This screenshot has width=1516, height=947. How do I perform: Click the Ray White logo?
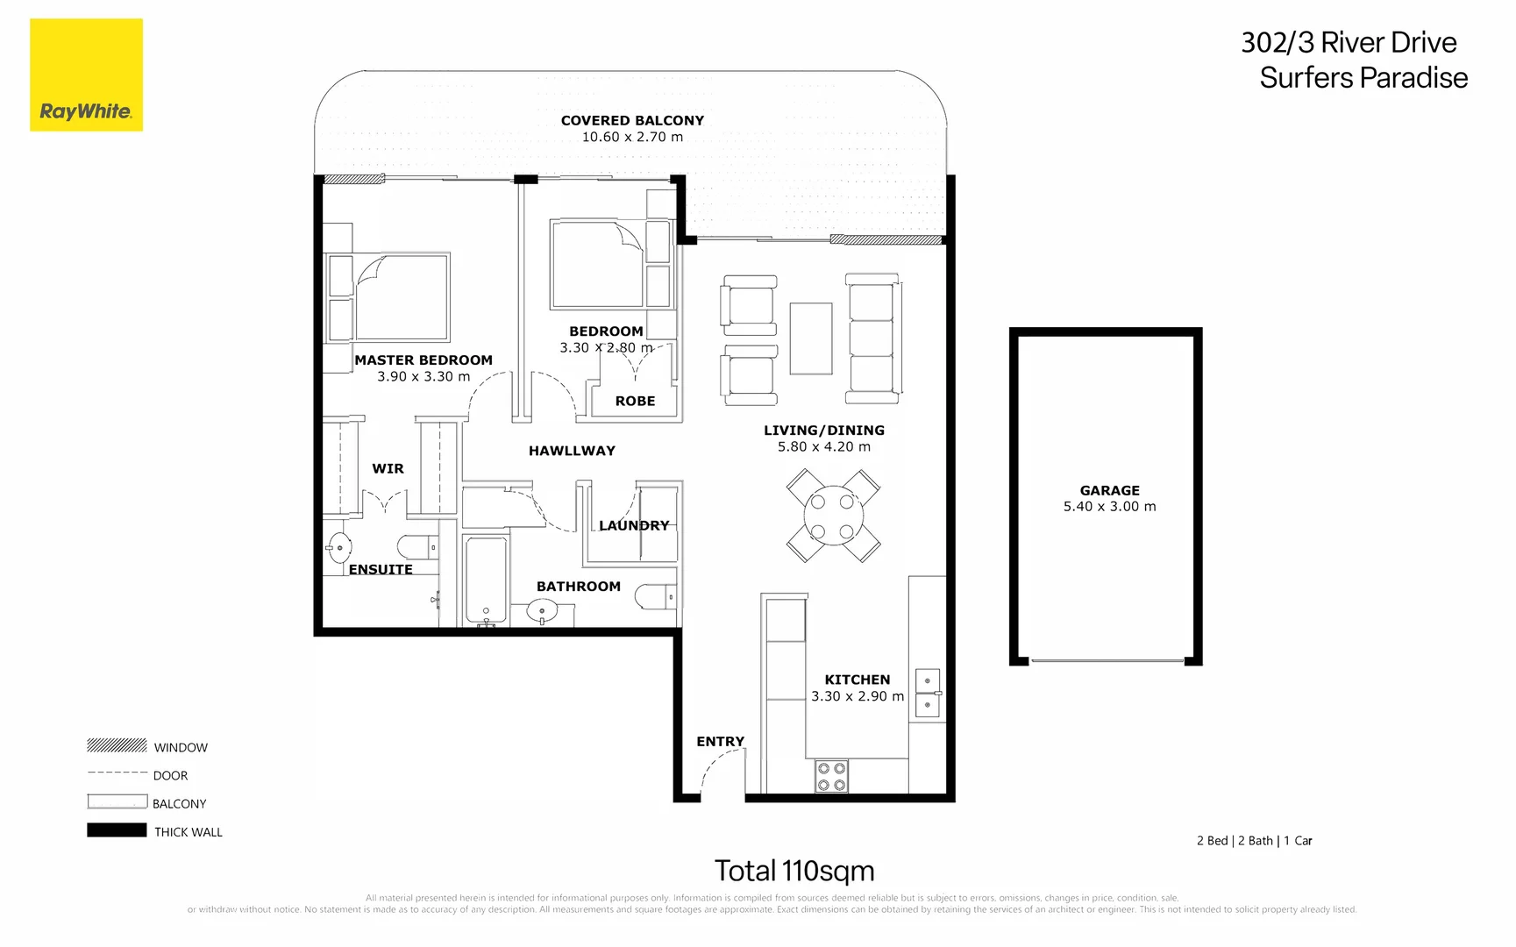pos(86,75)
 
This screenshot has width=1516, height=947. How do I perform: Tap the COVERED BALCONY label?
pos(632,120)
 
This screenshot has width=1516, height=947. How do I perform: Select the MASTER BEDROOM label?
pos(423,360)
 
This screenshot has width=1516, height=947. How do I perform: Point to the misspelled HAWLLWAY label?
pos(572,451)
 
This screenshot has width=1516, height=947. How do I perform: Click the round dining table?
pos(832,516)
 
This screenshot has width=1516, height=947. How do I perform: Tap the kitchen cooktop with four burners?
pos(832,776)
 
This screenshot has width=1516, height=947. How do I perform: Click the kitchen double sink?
pos(928,693)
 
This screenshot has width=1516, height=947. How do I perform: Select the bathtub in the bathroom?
pos(486,581)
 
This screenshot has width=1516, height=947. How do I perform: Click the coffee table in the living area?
pos(811,338)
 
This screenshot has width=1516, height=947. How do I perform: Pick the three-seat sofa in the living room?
pos(872,338)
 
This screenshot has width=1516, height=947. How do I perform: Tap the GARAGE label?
pos(1110,490)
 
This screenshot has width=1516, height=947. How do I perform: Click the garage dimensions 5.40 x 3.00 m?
pos(1110,507)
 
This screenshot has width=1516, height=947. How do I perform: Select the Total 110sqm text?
pos(794,871)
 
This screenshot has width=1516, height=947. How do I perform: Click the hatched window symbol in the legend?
pos(117,745)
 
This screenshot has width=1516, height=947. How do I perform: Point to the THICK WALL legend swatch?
pos(117,830)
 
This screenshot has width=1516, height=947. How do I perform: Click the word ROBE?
pos(635,401)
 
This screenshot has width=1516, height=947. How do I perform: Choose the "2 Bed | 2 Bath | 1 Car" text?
pos(1255,841)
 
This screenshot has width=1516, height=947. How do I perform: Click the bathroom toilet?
pos(655,597)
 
